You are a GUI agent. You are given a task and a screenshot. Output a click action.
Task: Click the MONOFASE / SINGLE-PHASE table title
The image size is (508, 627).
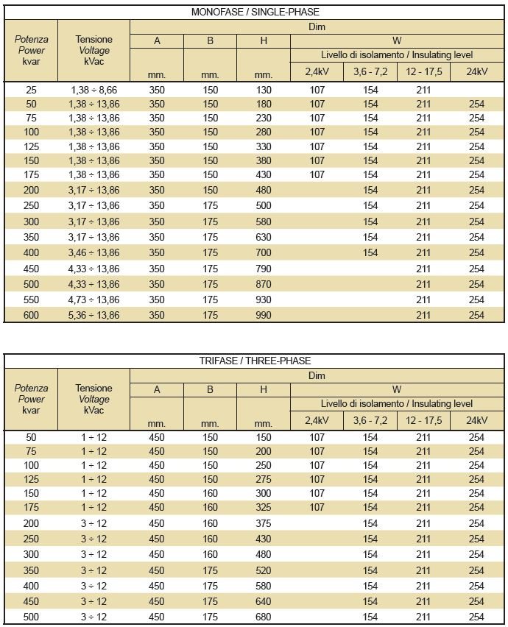[255, 13]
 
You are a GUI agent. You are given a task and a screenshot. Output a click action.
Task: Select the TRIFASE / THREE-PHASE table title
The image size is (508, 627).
[255, 361]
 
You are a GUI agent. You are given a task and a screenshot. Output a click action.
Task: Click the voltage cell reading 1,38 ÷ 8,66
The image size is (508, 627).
[95, 90]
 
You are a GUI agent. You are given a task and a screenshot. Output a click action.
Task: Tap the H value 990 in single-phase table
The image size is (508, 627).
[263, 315]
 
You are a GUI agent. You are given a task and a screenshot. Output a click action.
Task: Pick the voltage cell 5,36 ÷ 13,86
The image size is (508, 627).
[95, 315]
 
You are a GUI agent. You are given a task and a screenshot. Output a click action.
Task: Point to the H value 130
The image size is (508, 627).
[263, 90]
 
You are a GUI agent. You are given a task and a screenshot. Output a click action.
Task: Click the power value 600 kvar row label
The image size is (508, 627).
[31, 315]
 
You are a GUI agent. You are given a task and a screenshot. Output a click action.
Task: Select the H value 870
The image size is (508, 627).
[263, 284]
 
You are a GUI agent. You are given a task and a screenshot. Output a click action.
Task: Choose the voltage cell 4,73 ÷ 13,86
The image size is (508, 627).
[95, 300]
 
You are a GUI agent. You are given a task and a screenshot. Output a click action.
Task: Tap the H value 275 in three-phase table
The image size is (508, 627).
[263, 479]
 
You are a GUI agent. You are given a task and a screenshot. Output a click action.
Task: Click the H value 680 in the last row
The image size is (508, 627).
[263, 617]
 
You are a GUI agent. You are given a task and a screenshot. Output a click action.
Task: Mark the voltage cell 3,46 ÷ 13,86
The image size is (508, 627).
[95, 252]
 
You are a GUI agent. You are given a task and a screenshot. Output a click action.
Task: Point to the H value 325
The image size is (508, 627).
[263, 507]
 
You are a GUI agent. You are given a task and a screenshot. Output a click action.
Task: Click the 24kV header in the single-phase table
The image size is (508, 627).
[476, 71]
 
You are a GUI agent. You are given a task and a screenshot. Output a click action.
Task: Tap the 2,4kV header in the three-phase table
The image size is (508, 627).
[317, 420]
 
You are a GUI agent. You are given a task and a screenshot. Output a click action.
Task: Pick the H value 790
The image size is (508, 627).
[263, 269]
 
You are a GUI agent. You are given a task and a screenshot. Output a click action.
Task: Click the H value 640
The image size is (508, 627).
[263, 601]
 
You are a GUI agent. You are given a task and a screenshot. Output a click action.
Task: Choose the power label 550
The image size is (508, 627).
[31, 300]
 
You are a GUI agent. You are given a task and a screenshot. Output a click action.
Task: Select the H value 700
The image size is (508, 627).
[263, 252]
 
